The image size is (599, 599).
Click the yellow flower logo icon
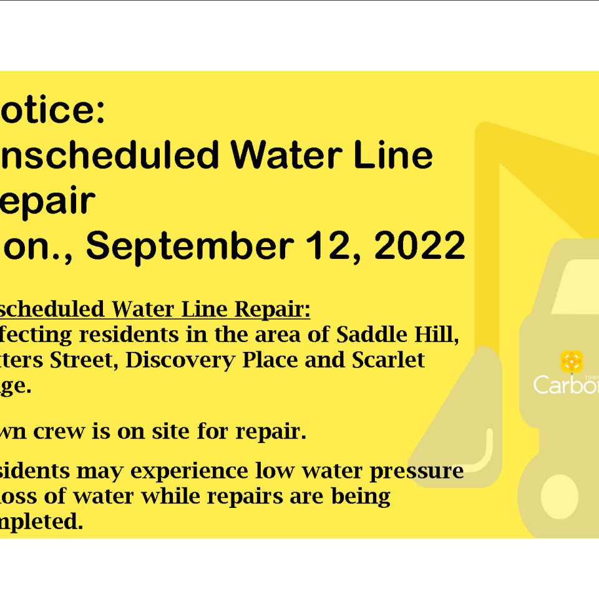point(572,361)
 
